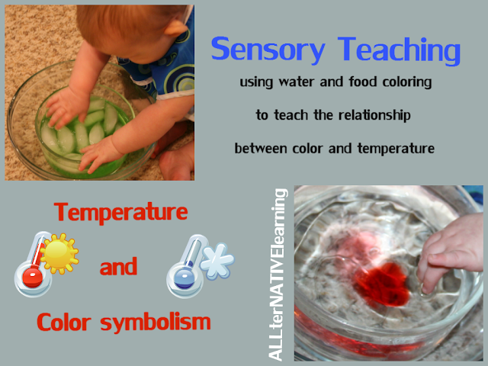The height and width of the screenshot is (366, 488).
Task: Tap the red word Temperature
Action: click(120, 212)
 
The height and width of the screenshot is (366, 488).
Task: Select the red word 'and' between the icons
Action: click(118, 267)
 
